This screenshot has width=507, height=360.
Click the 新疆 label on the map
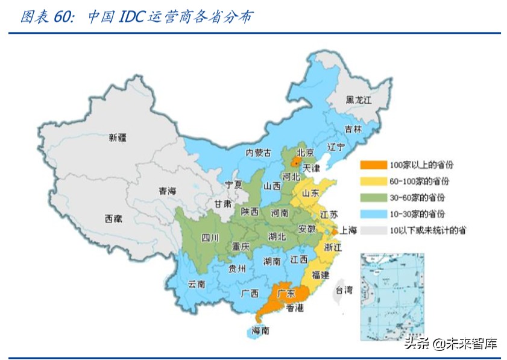tap(118, 137)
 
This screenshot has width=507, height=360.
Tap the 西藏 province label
tap(113, 218)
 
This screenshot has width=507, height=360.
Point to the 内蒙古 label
tap(259, 153)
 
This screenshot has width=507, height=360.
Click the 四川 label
tap(210, 237)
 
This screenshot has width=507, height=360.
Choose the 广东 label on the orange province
tap(286, 294)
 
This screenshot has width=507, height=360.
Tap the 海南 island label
tap(260, 330)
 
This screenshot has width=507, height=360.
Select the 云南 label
tap(197, 283)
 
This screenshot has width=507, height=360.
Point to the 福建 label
tap(320, 274)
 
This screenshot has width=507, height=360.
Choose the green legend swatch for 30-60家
tap(374, 197)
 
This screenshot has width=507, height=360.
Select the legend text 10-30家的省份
tap(417, 213)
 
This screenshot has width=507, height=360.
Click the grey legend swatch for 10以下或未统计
tap(374, 230)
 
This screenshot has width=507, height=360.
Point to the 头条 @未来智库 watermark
tap(451, 344)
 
